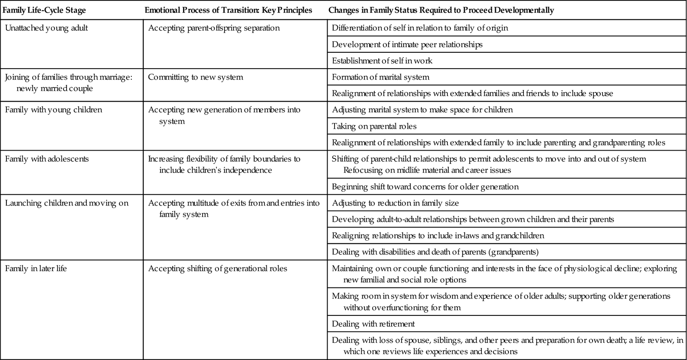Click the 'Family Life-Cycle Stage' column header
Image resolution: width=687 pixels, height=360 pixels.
pos(44,10)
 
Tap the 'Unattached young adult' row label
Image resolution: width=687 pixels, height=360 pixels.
pos(46,28)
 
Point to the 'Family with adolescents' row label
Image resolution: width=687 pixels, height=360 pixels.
pos(47,159)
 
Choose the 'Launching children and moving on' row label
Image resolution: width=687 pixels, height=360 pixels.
pos(67,203)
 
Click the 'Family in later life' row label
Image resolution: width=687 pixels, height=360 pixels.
pos(36,269)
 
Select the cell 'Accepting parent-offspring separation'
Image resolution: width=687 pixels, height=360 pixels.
pos(214,28)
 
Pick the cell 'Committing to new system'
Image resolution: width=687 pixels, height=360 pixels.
pos(195,77)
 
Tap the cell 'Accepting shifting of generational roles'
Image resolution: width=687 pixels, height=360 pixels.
pos(218,269)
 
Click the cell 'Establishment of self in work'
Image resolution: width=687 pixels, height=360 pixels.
pos(382,61)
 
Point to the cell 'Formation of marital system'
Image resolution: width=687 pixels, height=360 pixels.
pos(380,77)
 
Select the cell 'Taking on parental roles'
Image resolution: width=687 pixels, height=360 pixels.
pos(374,126)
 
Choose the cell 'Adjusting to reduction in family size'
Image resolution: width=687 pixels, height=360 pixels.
pos(395,203)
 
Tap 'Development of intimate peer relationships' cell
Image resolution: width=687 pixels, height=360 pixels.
pos(407,45)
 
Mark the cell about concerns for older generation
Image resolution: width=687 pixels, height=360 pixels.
pos(425,187)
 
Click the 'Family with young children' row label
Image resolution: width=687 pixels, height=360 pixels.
pos(54,110)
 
